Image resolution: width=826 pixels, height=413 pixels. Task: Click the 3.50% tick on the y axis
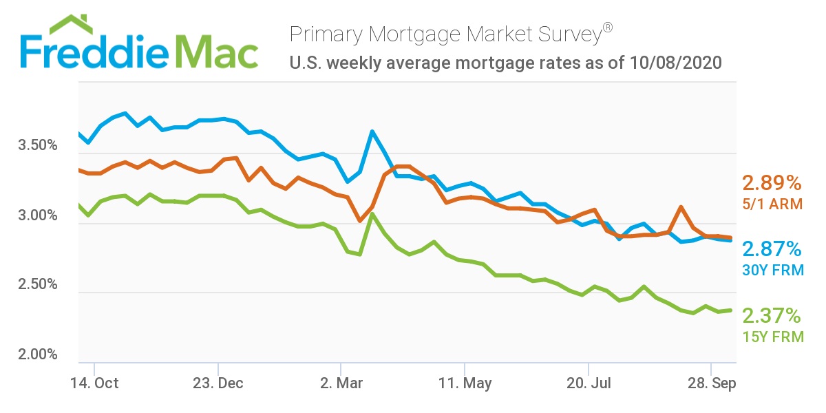38,147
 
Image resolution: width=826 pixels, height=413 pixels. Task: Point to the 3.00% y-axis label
38,216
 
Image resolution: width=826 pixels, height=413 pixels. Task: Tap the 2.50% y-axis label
38,285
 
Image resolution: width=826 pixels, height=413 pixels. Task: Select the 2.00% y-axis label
38,354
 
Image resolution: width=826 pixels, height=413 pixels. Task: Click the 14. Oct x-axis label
95,383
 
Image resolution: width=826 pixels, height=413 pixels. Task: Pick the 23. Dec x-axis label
218,383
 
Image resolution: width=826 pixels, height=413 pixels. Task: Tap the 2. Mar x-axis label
341,383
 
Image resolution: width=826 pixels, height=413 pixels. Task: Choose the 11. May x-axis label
465,383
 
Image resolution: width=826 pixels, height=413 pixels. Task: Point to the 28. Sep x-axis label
711,383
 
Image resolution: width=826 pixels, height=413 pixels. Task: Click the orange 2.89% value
772,184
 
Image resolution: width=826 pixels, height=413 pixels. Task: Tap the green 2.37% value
772,316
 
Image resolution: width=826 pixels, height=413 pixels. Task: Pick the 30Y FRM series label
772,271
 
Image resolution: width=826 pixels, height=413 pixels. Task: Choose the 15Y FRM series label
772,337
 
